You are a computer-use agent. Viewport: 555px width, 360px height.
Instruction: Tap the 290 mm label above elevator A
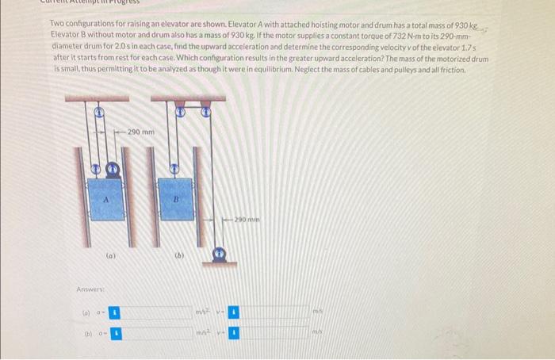tap(140, 131)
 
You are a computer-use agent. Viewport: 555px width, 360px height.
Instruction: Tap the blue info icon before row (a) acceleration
tap(113, 313)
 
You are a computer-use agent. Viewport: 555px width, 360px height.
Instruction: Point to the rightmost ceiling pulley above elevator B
tap(206, 113)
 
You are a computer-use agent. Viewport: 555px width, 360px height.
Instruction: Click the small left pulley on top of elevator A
tap(95, 169)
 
